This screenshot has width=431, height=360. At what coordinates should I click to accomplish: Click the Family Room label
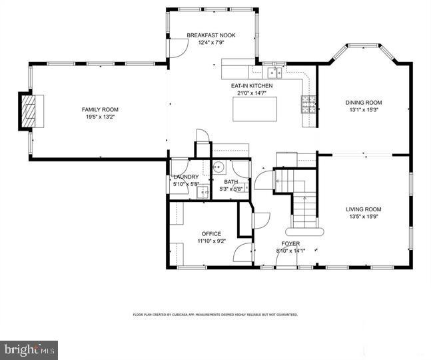pyautogui.click(x=100, y=109)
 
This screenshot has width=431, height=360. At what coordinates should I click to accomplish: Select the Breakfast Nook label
pyautogui.click(x=211, y=35)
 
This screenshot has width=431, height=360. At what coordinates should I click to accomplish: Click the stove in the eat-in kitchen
pyautogui.click(x=308, y=103)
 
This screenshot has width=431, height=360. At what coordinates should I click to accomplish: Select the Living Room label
pyautogui.click(x=364, y=209)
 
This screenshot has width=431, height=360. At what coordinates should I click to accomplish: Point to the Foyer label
pyautogui.click(x=290, y=243)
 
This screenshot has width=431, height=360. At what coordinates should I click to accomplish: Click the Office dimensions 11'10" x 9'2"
pyautogui.click(x=212, y=241)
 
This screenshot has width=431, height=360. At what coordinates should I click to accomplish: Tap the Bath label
pyautogui.click(x=230, y=182)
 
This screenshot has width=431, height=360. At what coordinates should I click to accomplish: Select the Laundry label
pyautogui.click(x=186, y=177)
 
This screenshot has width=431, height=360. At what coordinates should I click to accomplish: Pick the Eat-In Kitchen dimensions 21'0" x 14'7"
pyautogui.click(x=251, y=94)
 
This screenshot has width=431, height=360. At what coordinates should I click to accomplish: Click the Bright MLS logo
pyautogui.click(x=29, y=349)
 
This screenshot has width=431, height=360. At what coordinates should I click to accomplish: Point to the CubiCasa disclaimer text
pyautogui.click(x=215, y=314)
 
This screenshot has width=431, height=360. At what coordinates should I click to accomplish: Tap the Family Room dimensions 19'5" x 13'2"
pyautogui.click(x=100, y=117)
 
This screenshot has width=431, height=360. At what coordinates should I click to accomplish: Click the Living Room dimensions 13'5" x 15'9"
pyautogui.click(x=364, y=217)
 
